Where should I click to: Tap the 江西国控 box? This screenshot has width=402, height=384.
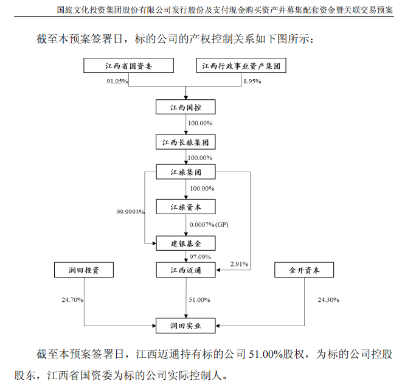pyautogui.click(x=185, y=108)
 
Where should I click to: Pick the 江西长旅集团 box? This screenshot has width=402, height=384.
pyautogui.click(x=185, y=142)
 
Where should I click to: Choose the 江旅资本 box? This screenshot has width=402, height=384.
pyautogui.click(x=185, y=208)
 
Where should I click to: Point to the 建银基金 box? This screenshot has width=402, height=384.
pyautogui.click(x=185, y=243)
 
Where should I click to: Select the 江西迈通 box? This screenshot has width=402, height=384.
pyautogui.click(x=185, y=269)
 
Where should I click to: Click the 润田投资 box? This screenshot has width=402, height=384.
pyautogui.click(x=84, y=269)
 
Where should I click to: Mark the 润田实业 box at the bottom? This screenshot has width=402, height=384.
pyautogui.click(x=185, y=326)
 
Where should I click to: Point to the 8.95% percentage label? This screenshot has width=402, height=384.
pyautogui.click(x=252, y=82)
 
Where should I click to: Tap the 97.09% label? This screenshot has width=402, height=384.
pyautogui.click(x=200, y=257)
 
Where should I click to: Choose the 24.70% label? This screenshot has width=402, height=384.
pyautogui.click(x=72, y=300)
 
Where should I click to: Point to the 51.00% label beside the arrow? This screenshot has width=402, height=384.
pyautogui.click(x=200, y=300)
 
